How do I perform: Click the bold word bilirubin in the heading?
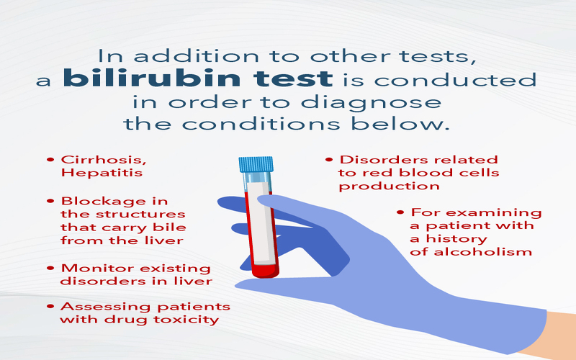tap(151, 78)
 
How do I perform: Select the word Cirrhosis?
tap(104, 160)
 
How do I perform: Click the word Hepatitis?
tap(102, 173)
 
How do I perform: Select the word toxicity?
tap(186, 320)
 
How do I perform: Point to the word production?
tap(389, 186)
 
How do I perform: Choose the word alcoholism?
tap(483, 252)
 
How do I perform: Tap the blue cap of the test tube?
tap(256, 165)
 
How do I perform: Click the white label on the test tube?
tap(261, 222)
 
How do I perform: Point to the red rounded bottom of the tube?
tap(266, 271)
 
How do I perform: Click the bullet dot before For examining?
tap(400, 212)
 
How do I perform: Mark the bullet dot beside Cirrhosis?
tap(50, 160)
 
